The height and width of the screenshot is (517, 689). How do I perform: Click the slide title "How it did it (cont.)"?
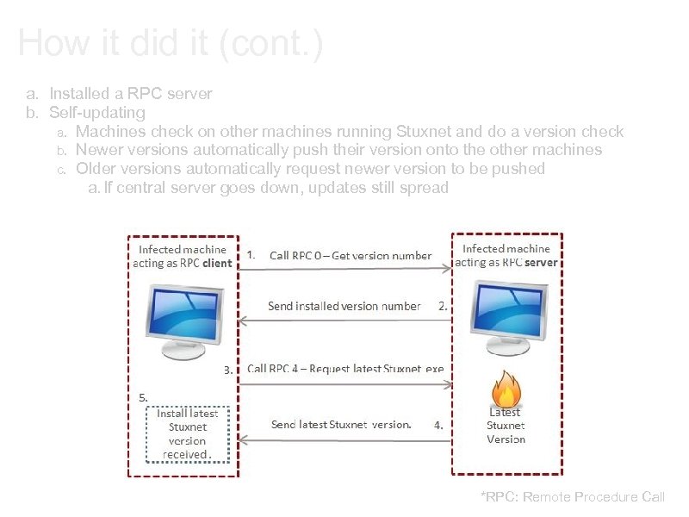pos(170,43)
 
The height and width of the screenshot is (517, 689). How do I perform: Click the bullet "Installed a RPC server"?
pos(131,93)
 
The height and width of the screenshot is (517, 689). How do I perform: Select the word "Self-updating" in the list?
pos(97,113)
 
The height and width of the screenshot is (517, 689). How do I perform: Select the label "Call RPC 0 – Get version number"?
pos(351,255)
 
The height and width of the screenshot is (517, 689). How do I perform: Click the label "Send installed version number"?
pos(344,306)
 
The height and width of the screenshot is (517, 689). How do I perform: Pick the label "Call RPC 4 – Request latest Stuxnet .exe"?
pos(345,369)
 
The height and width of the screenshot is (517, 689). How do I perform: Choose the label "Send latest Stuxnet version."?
pos(341,424)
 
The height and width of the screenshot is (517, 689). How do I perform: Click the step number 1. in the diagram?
pos(251,254)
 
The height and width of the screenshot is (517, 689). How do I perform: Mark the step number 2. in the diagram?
pos(443,306)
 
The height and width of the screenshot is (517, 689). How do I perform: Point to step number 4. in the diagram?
pos(438,425)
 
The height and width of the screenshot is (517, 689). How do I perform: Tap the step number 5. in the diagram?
pos(144,397)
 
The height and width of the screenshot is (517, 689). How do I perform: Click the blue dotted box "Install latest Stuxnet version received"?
pos(187,433)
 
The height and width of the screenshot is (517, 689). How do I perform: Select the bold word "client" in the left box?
pos(217,264)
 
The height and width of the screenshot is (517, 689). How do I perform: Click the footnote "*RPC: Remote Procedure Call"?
pos(573,496)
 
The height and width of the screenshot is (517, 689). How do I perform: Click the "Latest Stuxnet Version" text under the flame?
pos(506,426)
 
